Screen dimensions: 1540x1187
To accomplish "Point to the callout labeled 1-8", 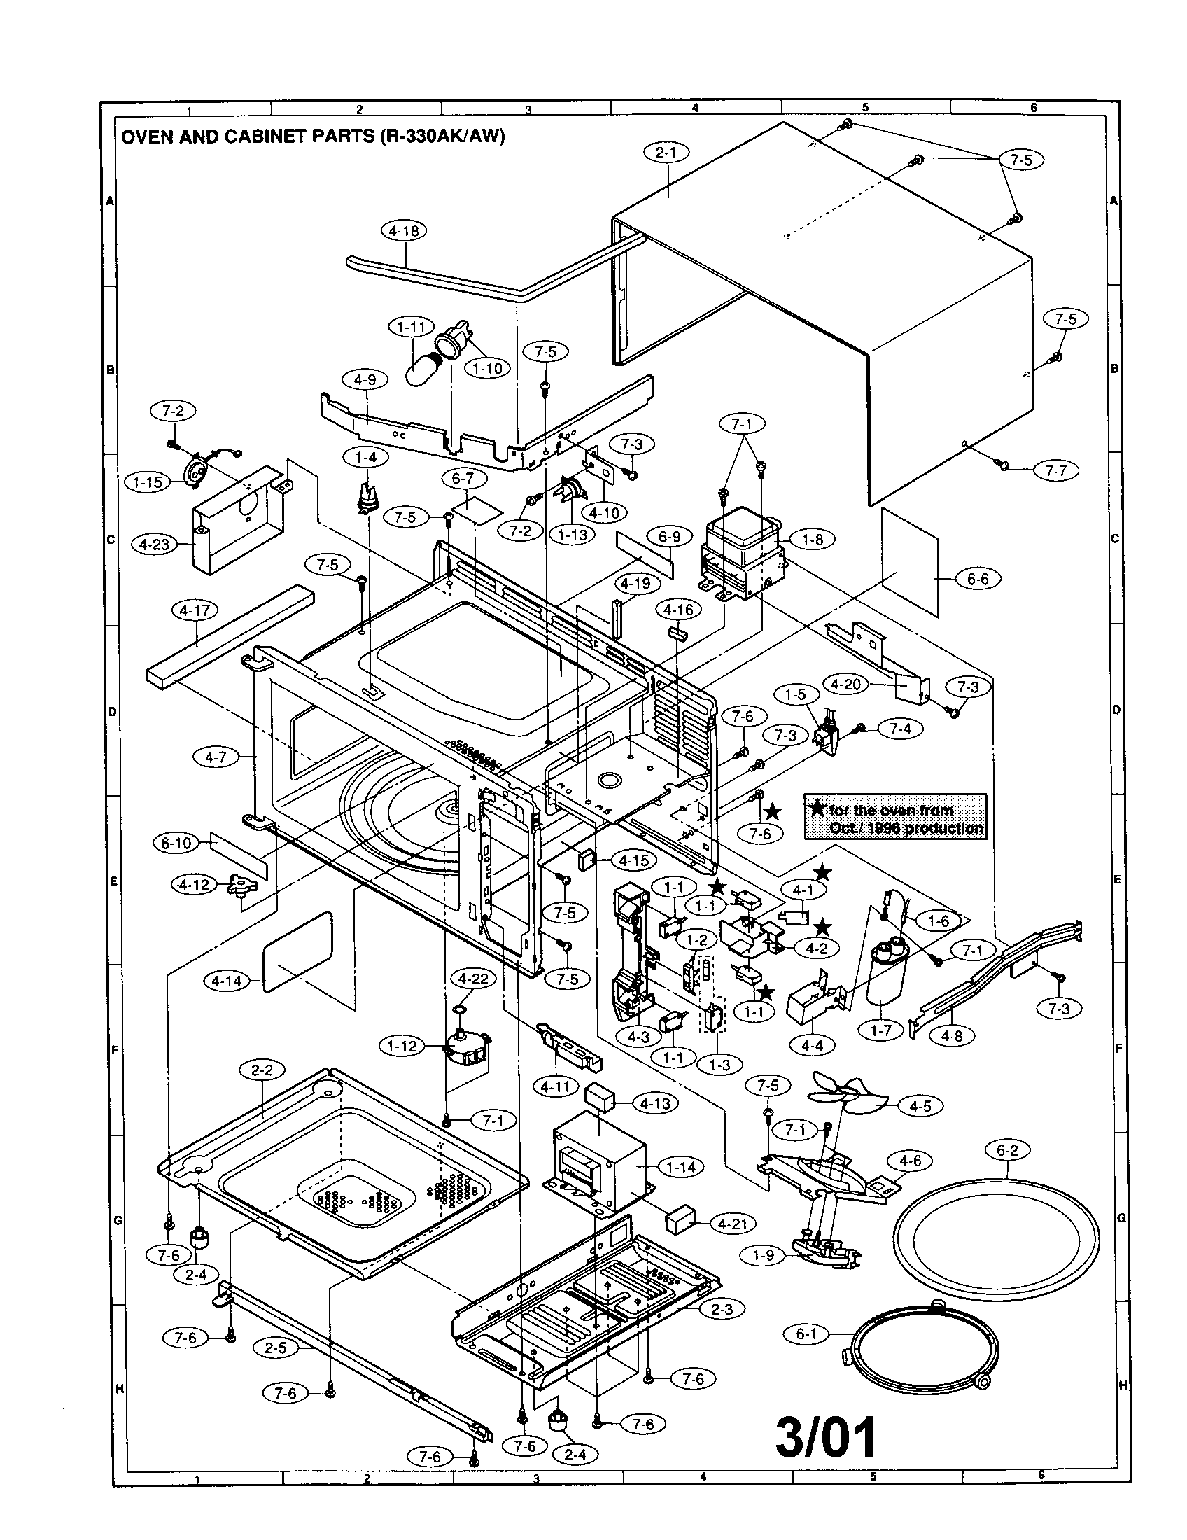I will coord(813,540).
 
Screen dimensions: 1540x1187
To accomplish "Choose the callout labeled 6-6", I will coord(978,579).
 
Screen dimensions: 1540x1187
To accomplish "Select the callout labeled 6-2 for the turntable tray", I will coord(1007,1150).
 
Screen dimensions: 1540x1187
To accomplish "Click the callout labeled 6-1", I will coord(806,1333).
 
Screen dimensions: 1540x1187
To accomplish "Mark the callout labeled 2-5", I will coord(276,1347).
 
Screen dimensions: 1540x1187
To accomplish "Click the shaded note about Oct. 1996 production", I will coord(894,816).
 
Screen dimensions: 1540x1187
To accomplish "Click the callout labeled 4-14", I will coord(226,981).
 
